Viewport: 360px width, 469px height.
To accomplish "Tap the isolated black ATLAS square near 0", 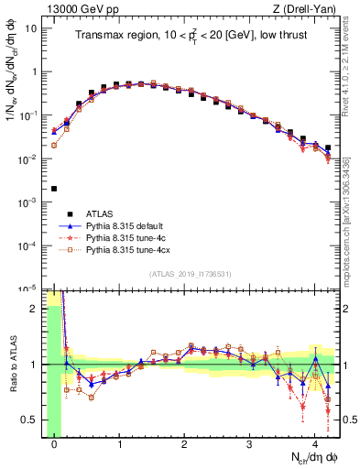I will [x=54, y=189].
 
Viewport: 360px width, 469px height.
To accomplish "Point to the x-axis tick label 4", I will [x=314, y=442].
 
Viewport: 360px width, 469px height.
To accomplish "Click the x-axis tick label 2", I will [x=184, y=442].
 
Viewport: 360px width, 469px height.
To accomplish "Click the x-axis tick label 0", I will [x=54, y=442].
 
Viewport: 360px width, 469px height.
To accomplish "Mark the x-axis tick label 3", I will [x=249, y=442].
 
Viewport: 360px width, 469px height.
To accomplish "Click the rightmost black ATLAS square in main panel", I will [x=327, y=147].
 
